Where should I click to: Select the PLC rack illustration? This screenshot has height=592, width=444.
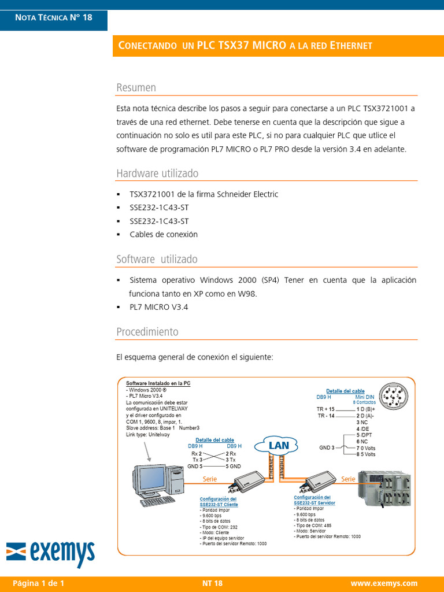point(384,490)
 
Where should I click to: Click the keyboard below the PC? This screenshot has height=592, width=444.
point(158,501)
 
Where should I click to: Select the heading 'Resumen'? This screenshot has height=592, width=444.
point(136,88)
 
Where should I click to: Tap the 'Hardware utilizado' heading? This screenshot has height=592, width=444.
point(157,173)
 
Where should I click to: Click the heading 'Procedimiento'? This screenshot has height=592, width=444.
point(147,332)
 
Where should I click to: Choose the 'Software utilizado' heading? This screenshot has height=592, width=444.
point(157,259)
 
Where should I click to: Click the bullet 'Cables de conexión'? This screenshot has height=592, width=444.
point(164,235)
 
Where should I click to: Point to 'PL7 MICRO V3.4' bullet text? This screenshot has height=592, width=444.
point(159,307)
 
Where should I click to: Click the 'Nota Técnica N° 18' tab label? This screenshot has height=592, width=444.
point(54,17)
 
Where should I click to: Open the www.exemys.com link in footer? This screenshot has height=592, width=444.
point(384,583)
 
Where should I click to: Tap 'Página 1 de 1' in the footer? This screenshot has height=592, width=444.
point(38,583)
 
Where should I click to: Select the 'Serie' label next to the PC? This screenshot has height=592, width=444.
point(210,479)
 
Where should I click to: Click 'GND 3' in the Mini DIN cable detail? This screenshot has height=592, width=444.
point(327,447)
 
